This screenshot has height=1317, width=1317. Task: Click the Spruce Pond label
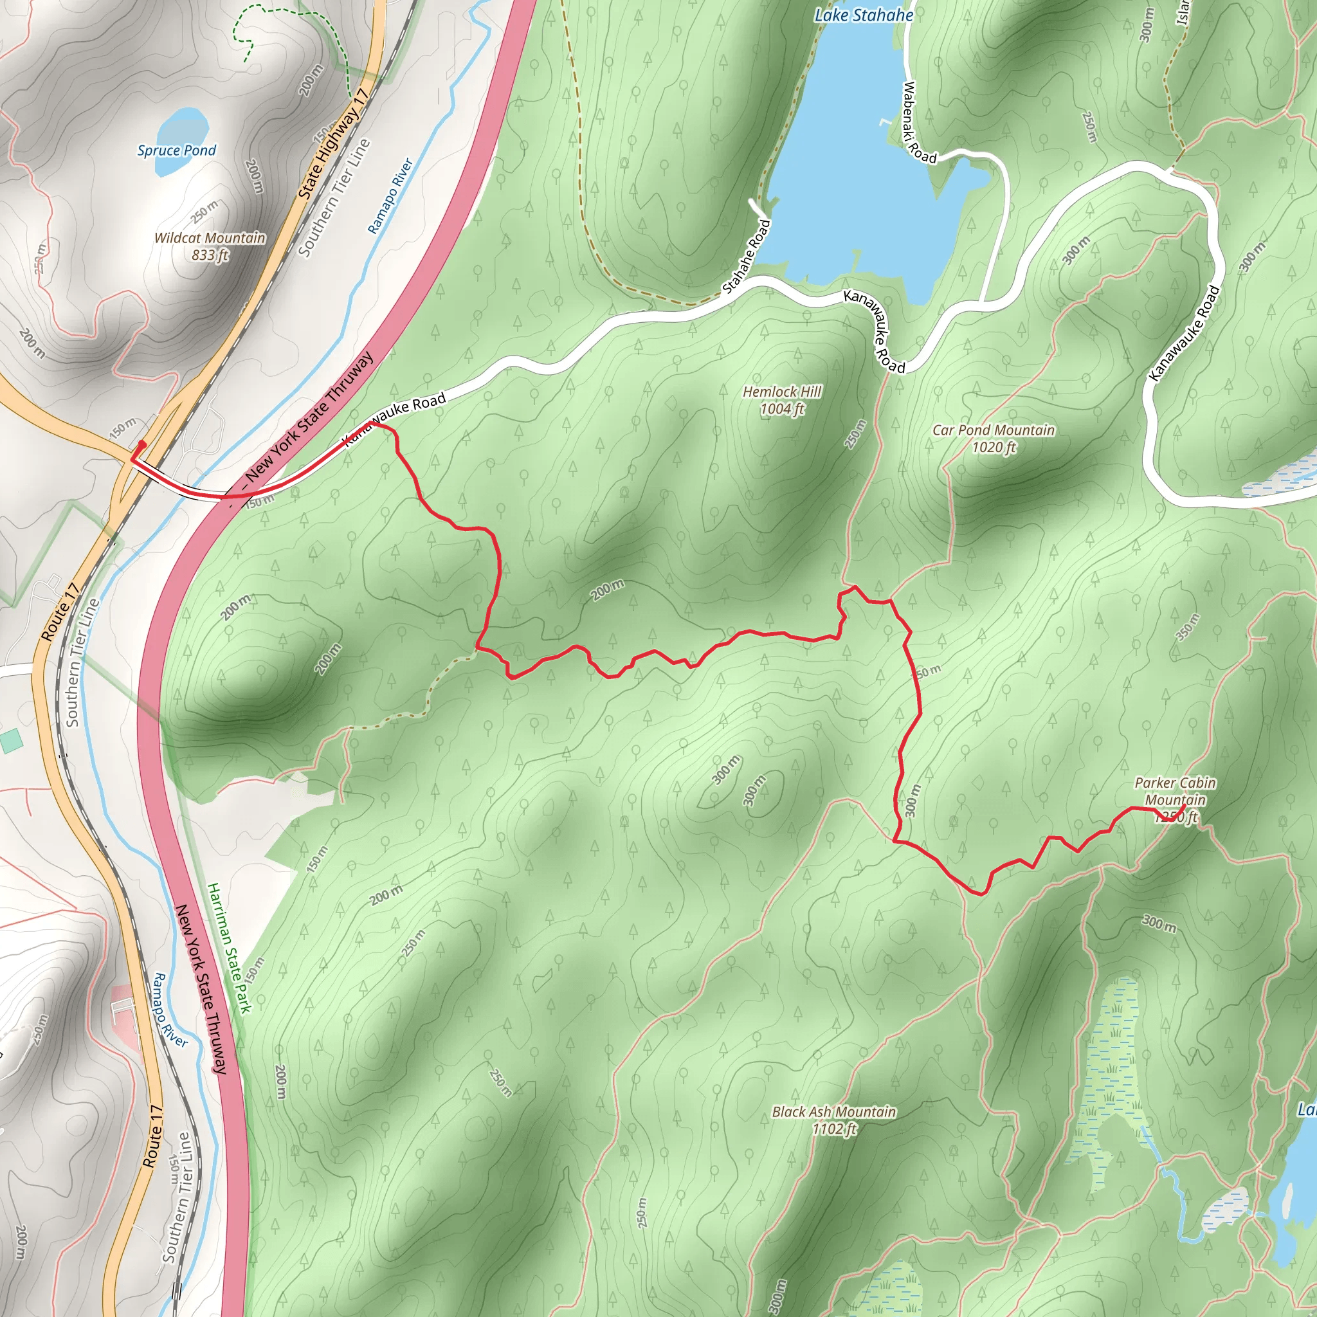177,150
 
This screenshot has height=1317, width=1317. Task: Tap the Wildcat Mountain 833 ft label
210,246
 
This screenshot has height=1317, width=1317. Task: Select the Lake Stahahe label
864,15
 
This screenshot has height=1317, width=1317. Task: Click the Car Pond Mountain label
993,430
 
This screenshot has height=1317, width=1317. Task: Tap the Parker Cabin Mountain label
1174,792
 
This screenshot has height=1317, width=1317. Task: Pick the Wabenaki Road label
918,123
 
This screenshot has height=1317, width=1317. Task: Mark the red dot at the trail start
143,444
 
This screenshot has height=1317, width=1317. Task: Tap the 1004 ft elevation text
782,409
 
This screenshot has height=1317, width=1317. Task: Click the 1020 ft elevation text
993,447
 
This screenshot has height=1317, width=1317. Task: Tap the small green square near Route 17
10,741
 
